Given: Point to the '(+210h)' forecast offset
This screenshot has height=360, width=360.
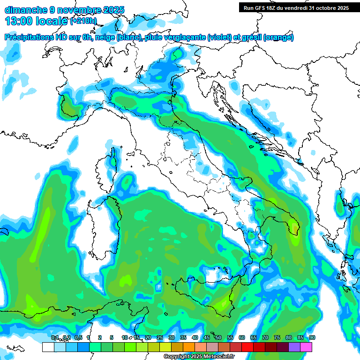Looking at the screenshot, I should coord(83,21).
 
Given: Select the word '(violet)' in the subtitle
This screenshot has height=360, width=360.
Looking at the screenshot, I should coord(222,37).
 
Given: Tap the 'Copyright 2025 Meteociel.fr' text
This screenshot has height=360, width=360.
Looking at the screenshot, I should coord(199,356).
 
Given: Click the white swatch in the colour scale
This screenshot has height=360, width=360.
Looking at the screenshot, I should coord(48,347).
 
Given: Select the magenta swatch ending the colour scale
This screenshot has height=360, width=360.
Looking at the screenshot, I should coord(306,347).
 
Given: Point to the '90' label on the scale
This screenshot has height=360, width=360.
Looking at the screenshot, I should coord(312,337).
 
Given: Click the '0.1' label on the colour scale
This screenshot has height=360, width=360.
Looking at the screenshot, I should coord(54,337).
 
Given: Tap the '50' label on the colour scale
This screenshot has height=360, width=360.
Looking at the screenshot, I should coord(218,337).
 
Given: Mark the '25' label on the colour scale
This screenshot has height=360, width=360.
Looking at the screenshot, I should coord(159,337).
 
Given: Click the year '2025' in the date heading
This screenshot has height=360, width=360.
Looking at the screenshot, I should coord(112,9).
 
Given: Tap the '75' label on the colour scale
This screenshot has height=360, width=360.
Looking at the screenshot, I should coord(277,337).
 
